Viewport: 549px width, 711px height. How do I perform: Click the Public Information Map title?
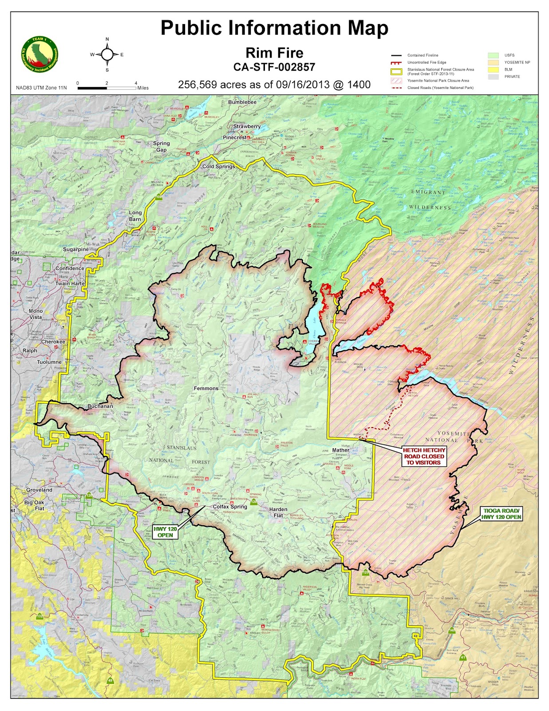pos(274,28)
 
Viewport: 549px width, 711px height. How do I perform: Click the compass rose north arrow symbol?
pos(107,55)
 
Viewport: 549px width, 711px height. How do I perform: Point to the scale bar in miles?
pos(107,88)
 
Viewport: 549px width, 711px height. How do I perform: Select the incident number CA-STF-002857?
pos(274,67)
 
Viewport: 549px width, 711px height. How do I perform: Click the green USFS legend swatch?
pos(494,56)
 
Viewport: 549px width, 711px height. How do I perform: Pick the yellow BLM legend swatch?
pos(494,69)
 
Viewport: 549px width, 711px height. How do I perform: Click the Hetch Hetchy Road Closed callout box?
pos(424,456)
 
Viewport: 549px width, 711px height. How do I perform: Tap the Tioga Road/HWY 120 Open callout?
pos(502,514)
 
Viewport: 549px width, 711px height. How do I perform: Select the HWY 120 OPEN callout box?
pos(165,531)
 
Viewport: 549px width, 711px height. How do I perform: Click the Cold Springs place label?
pos(218,167)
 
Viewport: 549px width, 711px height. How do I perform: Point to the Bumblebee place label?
pos(242,102)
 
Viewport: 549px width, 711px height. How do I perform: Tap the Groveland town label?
pos(39,490)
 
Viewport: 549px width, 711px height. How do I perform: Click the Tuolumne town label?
pos(49,362)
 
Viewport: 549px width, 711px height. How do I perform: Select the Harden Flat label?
pos(278,512)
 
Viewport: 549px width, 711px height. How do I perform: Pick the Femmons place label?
pos(206,388)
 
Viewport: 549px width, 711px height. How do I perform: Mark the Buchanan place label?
pos(100,406)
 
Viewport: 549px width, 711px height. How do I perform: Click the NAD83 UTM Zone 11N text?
pos(41,88)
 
